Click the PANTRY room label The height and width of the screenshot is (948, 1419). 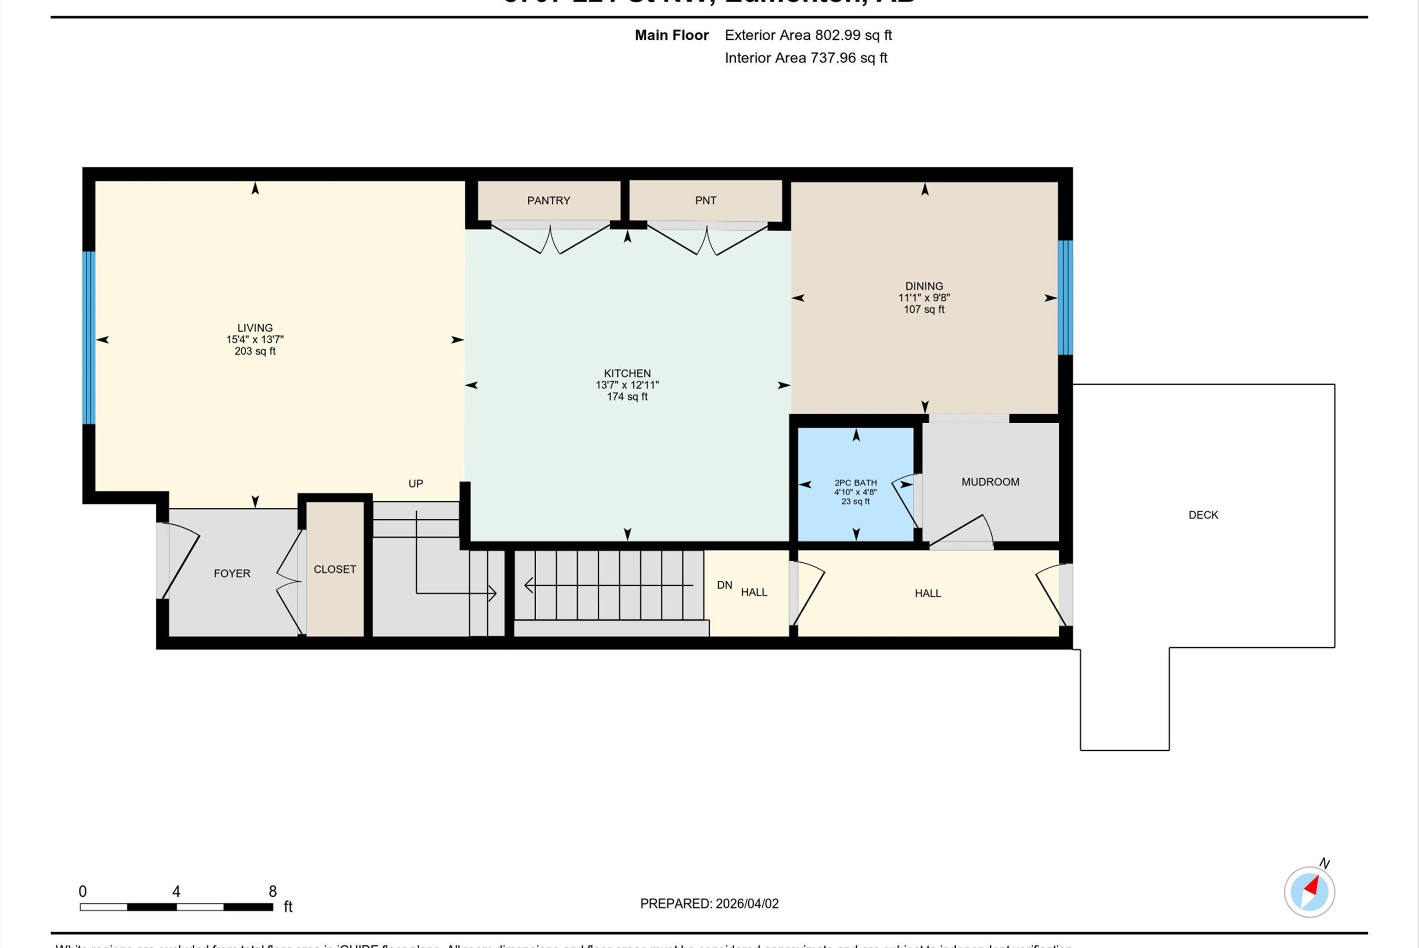coord(548,201)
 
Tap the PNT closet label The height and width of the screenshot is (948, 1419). coord(705,201)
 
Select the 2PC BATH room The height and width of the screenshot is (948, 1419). coord(855,483)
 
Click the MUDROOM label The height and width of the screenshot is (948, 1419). coord(990,482)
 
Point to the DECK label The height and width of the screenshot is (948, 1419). coord(1203,515)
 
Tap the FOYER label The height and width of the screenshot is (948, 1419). coord(231,574)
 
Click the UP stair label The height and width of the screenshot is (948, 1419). coord(415,484)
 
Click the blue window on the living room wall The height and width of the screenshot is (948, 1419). coord(89,337)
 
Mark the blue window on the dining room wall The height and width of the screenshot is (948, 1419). coord(1065,298)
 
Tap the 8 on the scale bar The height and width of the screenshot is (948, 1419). coord(273,891)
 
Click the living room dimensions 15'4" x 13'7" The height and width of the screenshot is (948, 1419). coord(255,340)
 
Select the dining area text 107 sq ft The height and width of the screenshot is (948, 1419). coord(923,310)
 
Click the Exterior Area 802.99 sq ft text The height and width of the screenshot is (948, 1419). coord(808,35)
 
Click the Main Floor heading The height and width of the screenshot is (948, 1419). coord(672,35)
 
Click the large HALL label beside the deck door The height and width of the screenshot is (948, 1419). coord(927,594)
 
